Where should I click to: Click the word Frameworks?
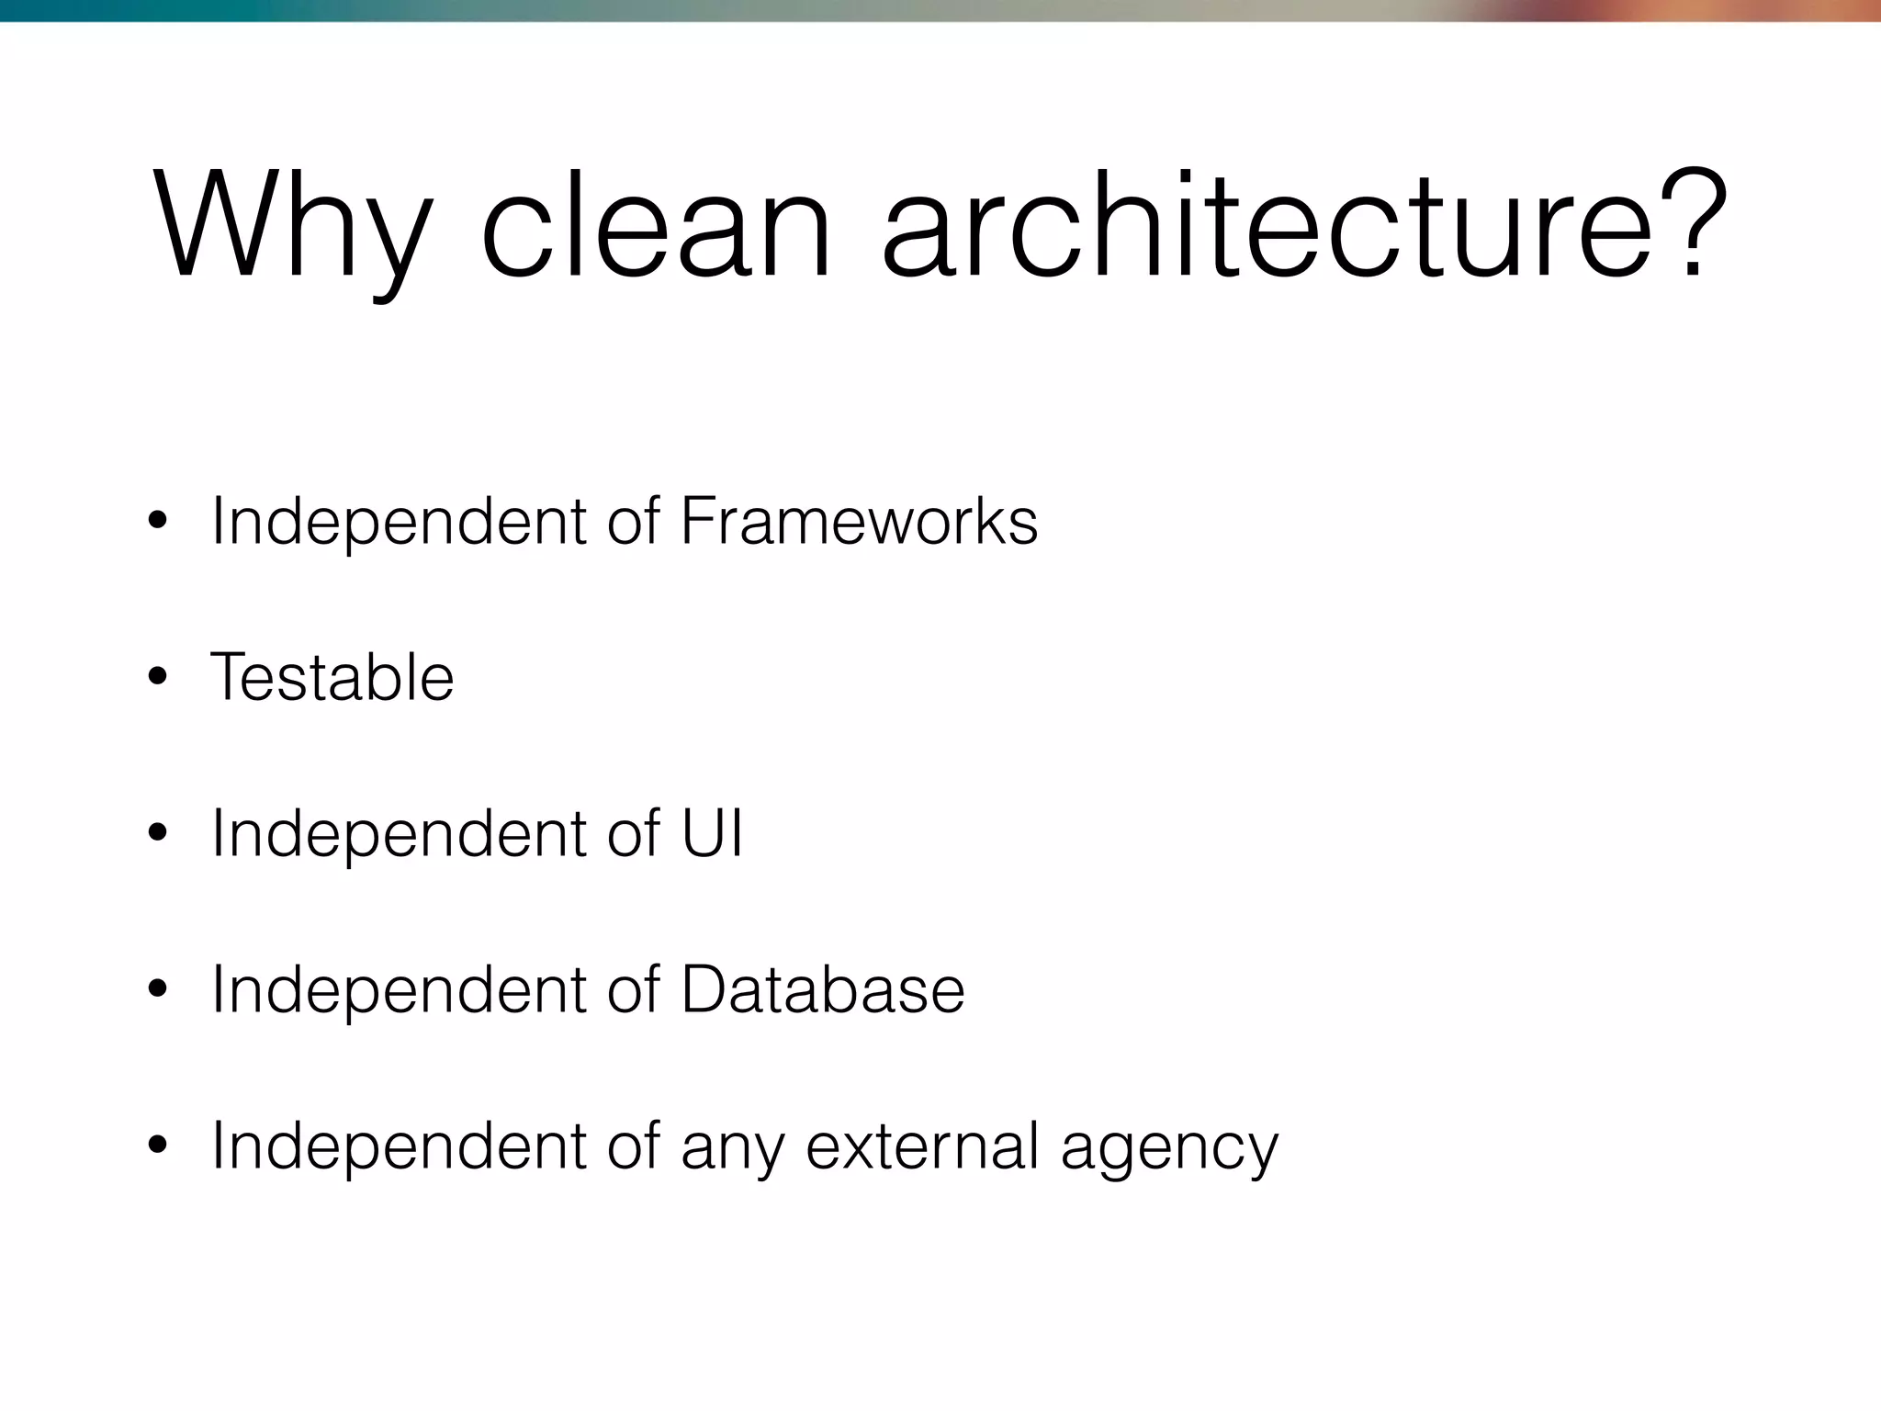pyautogui.click(x=859, y=521)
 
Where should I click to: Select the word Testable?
pyautogui.click(x=332, y=677)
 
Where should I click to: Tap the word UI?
pyautogui.click(x=712, y=833)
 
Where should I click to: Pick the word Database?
pyautogui.click(x=823, y=989)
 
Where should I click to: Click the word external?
pyautogui.click(x=923, y=1146)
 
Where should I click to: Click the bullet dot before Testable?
pyautogui.click(x=157, y=678)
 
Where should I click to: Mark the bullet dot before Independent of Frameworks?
pyautogui.click(x=157, y=522)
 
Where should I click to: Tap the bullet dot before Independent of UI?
pyautogui.click(x=157, y=834)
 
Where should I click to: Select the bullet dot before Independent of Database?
pyautogui.click(x=157, y=990)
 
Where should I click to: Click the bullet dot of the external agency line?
pyautogui.click(x=157, y=1146)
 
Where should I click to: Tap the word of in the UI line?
pyautogui.click(x=634, y=833)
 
